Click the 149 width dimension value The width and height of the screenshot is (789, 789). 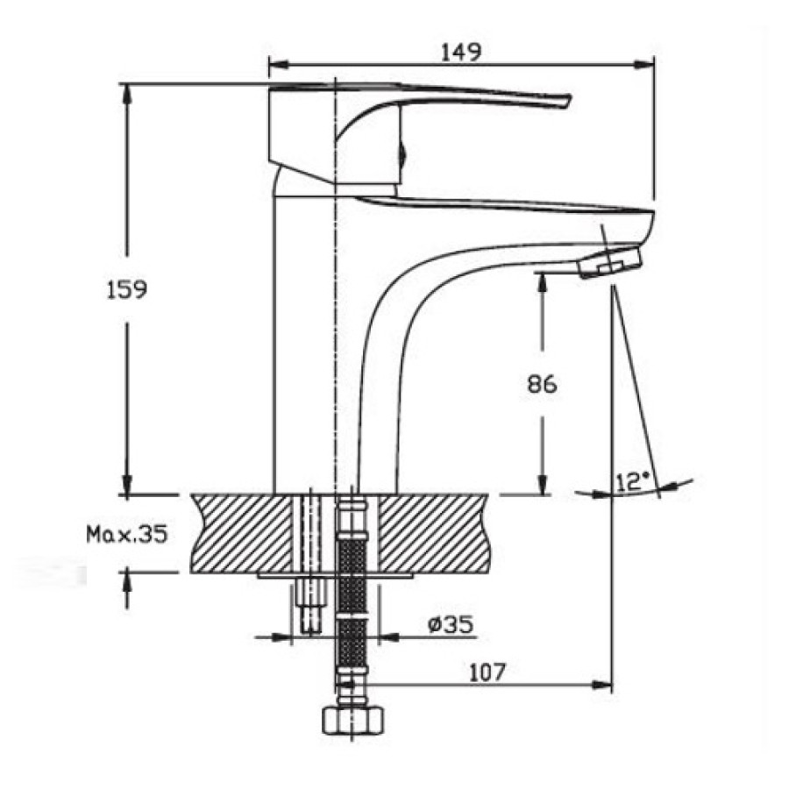pos(461,52)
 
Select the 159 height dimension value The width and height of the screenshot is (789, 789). pos(127,290)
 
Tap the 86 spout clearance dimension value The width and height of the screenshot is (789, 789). pos(543,384)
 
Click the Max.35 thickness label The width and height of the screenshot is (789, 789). pos(127,535)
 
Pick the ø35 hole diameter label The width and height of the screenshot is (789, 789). pos(451,624)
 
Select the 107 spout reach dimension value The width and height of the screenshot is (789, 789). pos(486,672)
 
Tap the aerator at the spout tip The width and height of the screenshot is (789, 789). pos(611,261)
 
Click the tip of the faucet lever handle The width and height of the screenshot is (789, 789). pos(569,101)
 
